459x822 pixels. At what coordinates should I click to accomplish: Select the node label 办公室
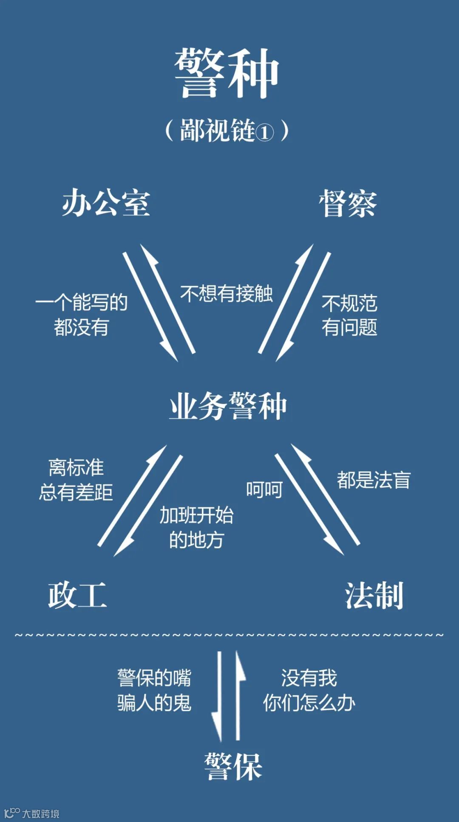pos(106,203)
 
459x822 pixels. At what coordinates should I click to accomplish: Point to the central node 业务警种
pos(228,407)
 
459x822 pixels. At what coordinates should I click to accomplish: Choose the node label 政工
pos(77,595)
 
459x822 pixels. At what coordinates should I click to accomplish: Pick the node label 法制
pos(374,595)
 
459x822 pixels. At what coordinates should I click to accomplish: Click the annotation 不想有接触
pos(226,293)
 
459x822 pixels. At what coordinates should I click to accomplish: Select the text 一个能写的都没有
pos(81,315)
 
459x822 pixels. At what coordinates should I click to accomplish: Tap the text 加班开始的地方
pos(196,528)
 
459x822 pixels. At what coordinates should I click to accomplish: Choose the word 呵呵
pos(264,490)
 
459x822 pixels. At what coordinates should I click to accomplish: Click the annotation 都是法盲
pos(374,480)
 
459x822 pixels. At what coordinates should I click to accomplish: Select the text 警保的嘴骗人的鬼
pos(154,690)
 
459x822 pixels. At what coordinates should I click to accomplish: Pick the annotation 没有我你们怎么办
pos(309,690)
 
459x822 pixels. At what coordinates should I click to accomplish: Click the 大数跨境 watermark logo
pos(31,813)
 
